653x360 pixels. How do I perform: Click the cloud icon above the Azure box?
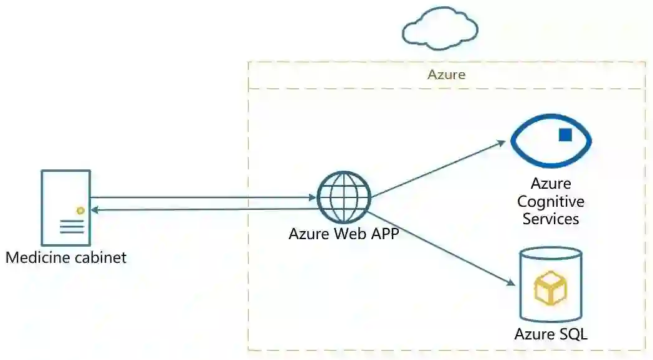point(441,28)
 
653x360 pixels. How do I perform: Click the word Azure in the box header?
point(446,75)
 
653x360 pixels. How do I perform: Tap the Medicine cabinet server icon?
point(65,207)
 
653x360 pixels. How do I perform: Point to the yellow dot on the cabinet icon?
point(80,211)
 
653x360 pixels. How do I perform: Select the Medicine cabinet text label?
point(66,257)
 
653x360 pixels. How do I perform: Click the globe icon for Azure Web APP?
point(344,197)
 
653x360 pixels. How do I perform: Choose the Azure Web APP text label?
point(343,234)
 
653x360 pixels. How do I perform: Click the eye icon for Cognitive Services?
point(551,140)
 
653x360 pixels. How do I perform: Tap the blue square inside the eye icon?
point(565,135)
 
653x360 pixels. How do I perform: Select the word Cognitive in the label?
point(551,202)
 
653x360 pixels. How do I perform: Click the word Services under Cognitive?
point(551,219)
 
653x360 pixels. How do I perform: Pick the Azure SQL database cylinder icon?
point(550,283)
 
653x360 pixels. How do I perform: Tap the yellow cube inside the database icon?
point(550,288)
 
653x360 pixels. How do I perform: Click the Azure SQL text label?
point(551,334)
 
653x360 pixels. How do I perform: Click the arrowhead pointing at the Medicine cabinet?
point(95,210)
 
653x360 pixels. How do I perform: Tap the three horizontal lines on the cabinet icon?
point(72,227)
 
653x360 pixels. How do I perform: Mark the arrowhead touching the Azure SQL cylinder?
point(513,284)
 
